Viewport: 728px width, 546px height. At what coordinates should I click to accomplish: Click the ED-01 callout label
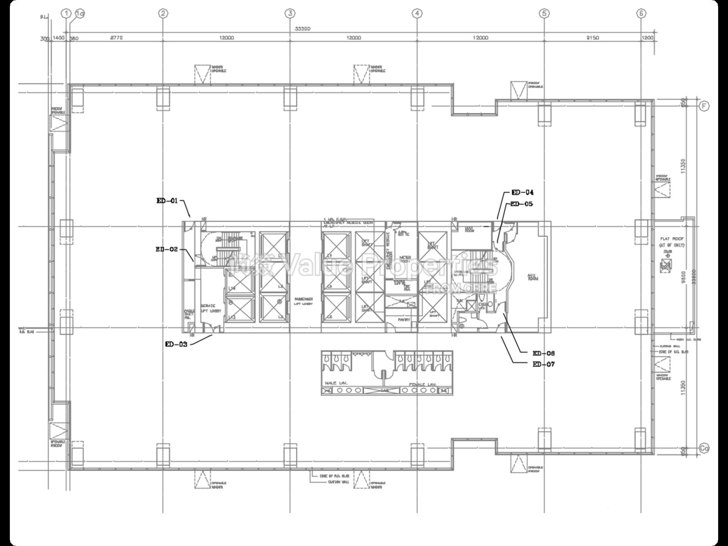coord(167,201)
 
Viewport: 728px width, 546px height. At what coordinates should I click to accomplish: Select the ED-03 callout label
coord(176,344)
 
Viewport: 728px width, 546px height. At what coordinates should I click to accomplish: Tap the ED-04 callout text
coord(522,193)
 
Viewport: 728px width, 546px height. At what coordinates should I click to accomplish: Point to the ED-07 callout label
coord(543,364)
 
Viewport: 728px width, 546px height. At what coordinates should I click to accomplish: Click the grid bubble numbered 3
coord(290,14)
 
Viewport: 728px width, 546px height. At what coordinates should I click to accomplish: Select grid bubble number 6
coord(641,14)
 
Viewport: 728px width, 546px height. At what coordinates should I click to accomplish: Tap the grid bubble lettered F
coord(704,107)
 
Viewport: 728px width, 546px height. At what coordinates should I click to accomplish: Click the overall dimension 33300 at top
coord(303,29)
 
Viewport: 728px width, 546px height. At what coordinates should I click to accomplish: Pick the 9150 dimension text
coord(592,38)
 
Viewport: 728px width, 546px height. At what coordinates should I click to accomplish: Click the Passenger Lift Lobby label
coord(303,301)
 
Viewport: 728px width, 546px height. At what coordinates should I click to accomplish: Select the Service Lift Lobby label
coord(208,308)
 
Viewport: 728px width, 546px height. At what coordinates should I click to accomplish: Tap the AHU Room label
coord(533,277)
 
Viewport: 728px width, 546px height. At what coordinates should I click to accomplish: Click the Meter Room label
coord(405,259)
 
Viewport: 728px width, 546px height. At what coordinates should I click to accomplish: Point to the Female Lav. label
coord(422,384)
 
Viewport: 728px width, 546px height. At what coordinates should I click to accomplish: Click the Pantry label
coord(404,320)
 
